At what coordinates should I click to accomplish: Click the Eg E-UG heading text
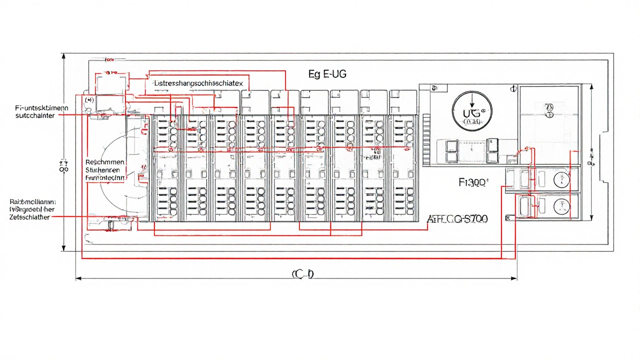[x=327, y=74]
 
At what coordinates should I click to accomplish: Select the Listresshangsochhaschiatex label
[x=198, y=83]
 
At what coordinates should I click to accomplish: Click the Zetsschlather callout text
[x=30, y=217]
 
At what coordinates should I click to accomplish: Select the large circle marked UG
[x=471, y=111]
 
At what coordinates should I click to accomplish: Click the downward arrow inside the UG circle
[x=471, y=98]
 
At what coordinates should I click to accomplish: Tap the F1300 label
[x=472, y=182]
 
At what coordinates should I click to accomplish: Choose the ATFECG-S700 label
[x=457, y=218]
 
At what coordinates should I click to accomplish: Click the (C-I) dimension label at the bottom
[x=302, y=273]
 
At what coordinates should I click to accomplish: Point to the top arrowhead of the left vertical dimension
[x=63, y=56]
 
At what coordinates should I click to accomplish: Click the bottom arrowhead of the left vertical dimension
[x=63, y=248]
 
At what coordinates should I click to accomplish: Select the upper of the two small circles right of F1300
[x=560, y=179]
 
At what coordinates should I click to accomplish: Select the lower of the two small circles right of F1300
[x=560, y=205]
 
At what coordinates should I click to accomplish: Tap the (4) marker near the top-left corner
[x=90, y=100]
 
